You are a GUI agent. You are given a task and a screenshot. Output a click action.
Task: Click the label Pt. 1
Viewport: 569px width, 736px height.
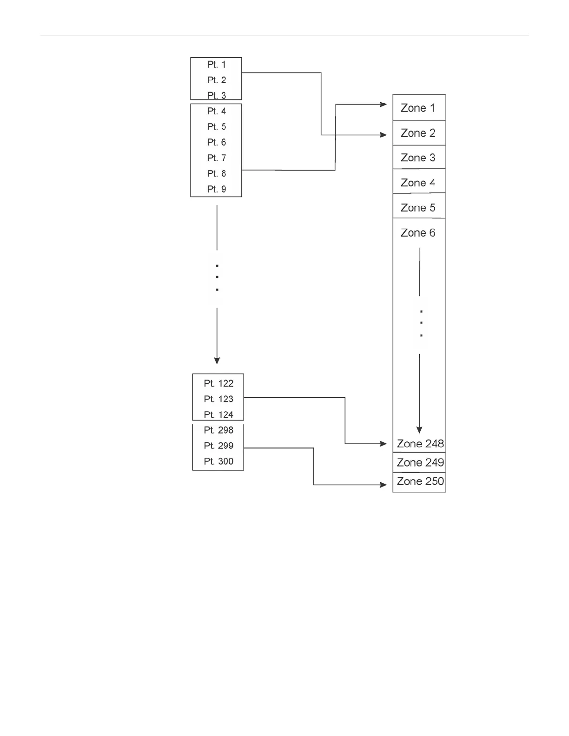click(x=216, y=65)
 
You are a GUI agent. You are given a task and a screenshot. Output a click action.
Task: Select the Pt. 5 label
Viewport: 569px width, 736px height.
click(x=216, y=127)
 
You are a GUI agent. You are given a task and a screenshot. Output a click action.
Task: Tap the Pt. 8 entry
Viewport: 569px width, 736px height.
click(x=216, y=174)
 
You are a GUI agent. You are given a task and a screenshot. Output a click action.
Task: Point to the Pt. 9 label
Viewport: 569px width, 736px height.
click(x=216, y=190)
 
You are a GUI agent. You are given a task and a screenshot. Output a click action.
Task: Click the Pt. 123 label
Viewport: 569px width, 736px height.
click(x=218, y=399)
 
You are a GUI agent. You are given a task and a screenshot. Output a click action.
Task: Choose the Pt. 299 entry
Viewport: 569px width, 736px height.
click(x=218, y=446)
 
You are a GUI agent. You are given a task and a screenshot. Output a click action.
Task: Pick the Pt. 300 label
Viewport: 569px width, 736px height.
click(x=218, y=462)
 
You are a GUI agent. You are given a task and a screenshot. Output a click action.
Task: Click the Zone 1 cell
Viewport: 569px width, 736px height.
click(x=418, y=108)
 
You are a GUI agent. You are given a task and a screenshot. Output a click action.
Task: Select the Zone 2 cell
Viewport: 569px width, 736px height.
click(x=418, y=133)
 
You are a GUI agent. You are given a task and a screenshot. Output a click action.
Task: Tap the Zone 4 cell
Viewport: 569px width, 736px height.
click(x=418, y=183)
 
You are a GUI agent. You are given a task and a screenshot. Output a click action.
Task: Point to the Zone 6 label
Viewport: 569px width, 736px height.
click(x=418, y=233)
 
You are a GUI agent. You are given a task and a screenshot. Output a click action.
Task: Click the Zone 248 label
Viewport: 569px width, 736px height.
click(x=420, y=444)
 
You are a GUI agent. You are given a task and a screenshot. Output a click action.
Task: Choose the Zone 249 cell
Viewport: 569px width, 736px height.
click(x=420, y=463)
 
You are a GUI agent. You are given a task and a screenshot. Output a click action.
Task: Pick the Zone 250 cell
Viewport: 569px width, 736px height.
click(x=420, y=482)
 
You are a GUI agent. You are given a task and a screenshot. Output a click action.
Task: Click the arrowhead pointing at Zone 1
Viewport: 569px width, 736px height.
click(x=384, y=105)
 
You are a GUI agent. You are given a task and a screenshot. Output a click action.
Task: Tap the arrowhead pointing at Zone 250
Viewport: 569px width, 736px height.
click(x=384, y=485)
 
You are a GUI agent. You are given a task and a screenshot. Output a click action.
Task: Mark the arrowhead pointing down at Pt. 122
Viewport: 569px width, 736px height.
click(x=217, y=361)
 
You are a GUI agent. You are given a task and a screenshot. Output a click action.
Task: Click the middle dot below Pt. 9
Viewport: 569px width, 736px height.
click(x=217, y=277)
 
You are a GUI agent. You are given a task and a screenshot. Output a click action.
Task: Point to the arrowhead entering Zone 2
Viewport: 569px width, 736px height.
click(x=384, y=135)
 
